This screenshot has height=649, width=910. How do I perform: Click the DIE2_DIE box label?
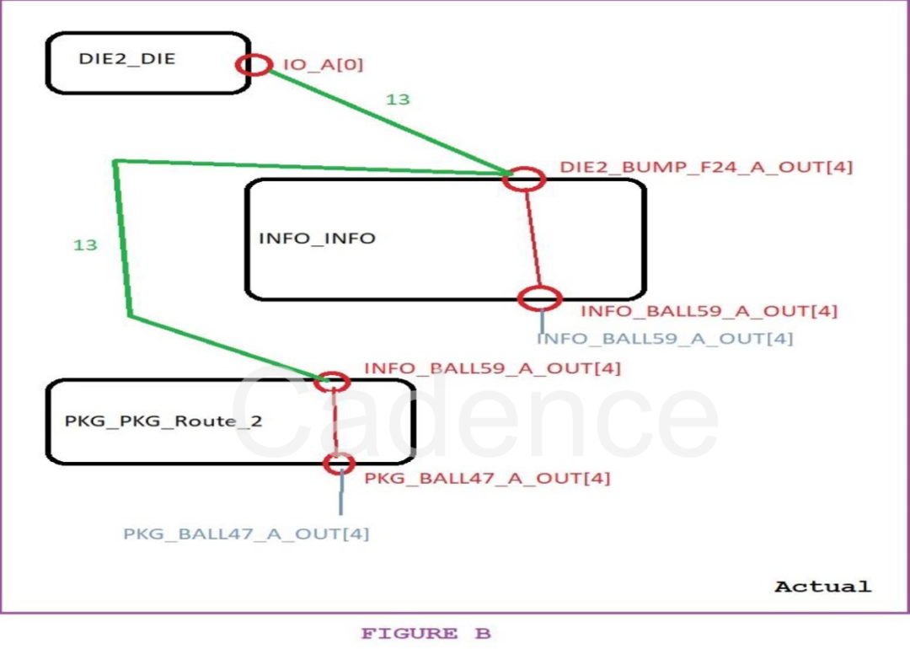point(127,59)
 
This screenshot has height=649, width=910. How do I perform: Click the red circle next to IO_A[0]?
point(254,64)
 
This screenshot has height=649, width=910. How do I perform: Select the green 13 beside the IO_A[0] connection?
point(398,99)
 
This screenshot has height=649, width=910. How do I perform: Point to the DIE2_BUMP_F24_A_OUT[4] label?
point(706,167)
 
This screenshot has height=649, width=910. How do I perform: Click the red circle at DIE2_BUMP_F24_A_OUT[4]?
point(524,178)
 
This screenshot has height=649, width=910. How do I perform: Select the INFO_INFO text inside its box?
point(317,238)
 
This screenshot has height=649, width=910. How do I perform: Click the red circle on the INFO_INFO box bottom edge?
point(538,298)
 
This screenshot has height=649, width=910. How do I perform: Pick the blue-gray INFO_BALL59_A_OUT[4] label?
point(665,339)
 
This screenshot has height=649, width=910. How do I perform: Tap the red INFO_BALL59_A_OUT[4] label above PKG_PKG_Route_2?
point(492,368)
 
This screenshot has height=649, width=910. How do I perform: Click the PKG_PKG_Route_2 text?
point(163,421)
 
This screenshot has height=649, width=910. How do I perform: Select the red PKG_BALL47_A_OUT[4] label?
point(487,478)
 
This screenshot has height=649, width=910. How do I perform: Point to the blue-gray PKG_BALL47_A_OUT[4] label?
point(246,534)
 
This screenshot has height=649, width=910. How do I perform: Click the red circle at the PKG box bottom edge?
point(340,463)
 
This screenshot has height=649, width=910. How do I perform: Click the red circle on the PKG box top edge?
point(331,382)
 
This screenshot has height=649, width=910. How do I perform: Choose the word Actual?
point(822,586)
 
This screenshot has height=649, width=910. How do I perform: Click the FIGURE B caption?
point(426,634)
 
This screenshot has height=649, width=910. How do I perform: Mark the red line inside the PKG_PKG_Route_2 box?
point(335,421)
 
